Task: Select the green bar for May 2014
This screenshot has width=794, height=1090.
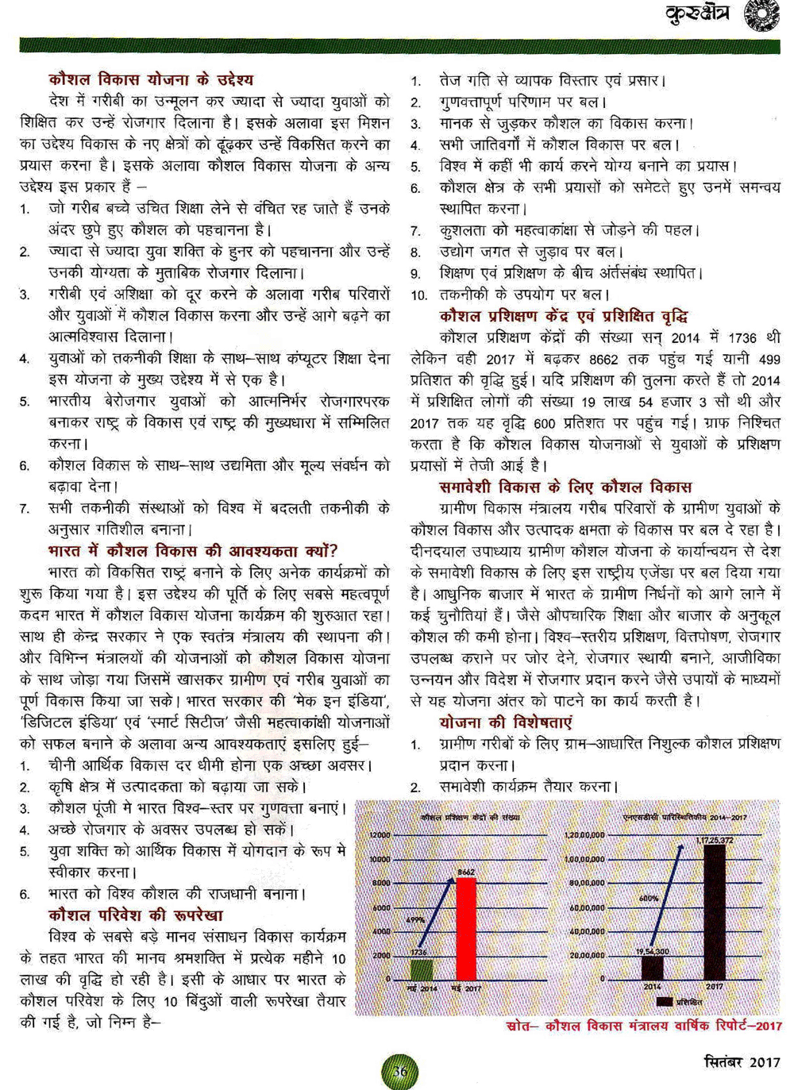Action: (x=422, y=970)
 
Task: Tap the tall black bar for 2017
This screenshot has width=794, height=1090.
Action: (x=714, y=912)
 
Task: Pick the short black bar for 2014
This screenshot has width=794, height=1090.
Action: (x=653, y=968)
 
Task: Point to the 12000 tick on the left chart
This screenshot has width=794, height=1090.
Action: (x=380, y=835)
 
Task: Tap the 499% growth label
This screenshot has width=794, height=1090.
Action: (x=415, y=919)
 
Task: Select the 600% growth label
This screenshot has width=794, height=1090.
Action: (x=648, y=899)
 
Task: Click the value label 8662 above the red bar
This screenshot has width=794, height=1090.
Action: (x=466, y=872)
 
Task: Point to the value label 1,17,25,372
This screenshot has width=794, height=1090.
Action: (x=715, y=840)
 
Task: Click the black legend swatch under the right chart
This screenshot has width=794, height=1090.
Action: (x=665, y=1002)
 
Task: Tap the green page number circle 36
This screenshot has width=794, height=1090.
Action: (x=400, y=1072)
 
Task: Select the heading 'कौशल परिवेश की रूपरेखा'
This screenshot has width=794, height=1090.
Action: (x=136, y=915)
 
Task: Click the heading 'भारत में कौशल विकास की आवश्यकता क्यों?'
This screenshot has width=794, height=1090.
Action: (x=193, y=550)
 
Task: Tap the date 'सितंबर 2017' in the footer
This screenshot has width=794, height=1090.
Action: (x=742, y=1061)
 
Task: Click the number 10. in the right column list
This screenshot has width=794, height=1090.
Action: (x=418, y=295)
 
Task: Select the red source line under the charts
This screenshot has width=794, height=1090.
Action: (x=643, y=1026)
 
